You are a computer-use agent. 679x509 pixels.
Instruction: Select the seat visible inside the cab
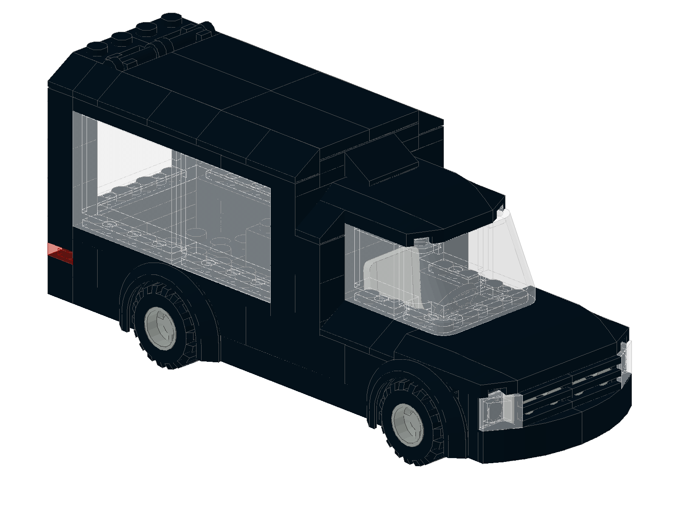pyautogui.click(x=395, y=276)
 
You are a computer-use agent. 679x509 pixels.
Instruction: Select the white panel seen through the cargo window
pyautogui.click(x=132, y=157)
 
